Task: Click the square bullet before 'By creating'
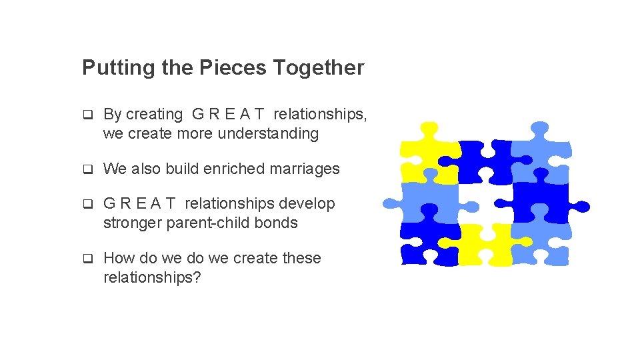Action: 87,115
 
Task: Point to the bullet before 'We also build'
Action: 87,169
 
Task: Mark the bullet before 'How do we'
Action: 87,259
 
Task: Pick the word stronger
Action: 132,223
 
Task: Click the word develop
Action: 307,203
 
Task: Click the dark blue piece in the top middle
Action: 483,160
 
